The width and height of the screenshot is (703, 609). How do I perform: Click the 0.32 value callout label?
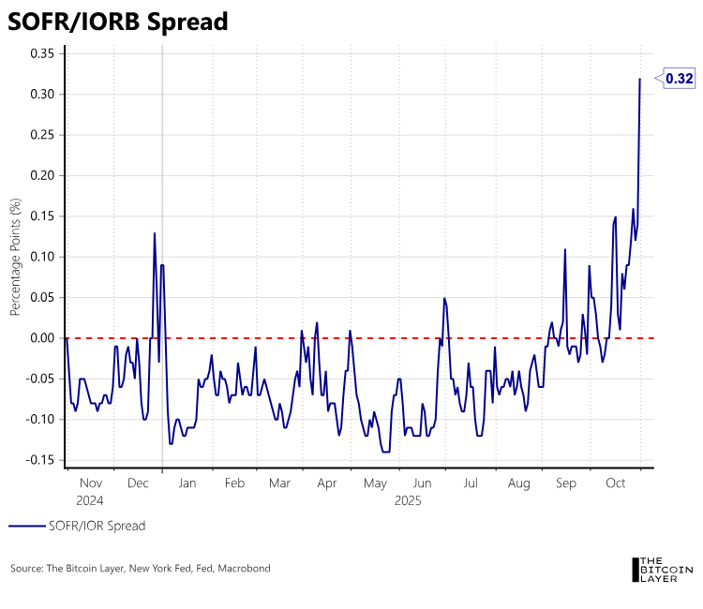(x=680, y=80)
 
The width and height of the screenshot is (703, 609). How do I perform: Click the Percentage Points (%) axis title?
(x=15, y=257)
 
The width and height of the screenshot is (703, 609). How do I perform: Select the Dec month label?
(x=138, y=483)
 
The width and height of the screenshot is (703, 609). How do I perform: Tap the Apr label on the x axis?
(x=326, y=483)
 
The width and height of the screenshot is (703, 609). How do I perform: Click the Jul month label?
(x=471, y=483)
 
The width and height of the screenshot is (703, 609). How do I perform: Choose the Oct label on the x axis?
(x=616, y=483)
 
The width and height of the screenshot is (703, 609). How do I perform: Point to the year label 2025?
(x=407, y=501)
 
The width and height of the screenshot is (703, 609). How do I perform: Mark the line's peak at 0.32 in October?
(x=640, y=79)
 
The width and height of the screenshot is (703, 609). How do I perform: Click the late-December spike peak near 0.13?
(x=155, y=233)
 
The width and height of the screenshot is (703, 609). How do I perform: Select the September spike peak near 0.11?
(x=565, y=249)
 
